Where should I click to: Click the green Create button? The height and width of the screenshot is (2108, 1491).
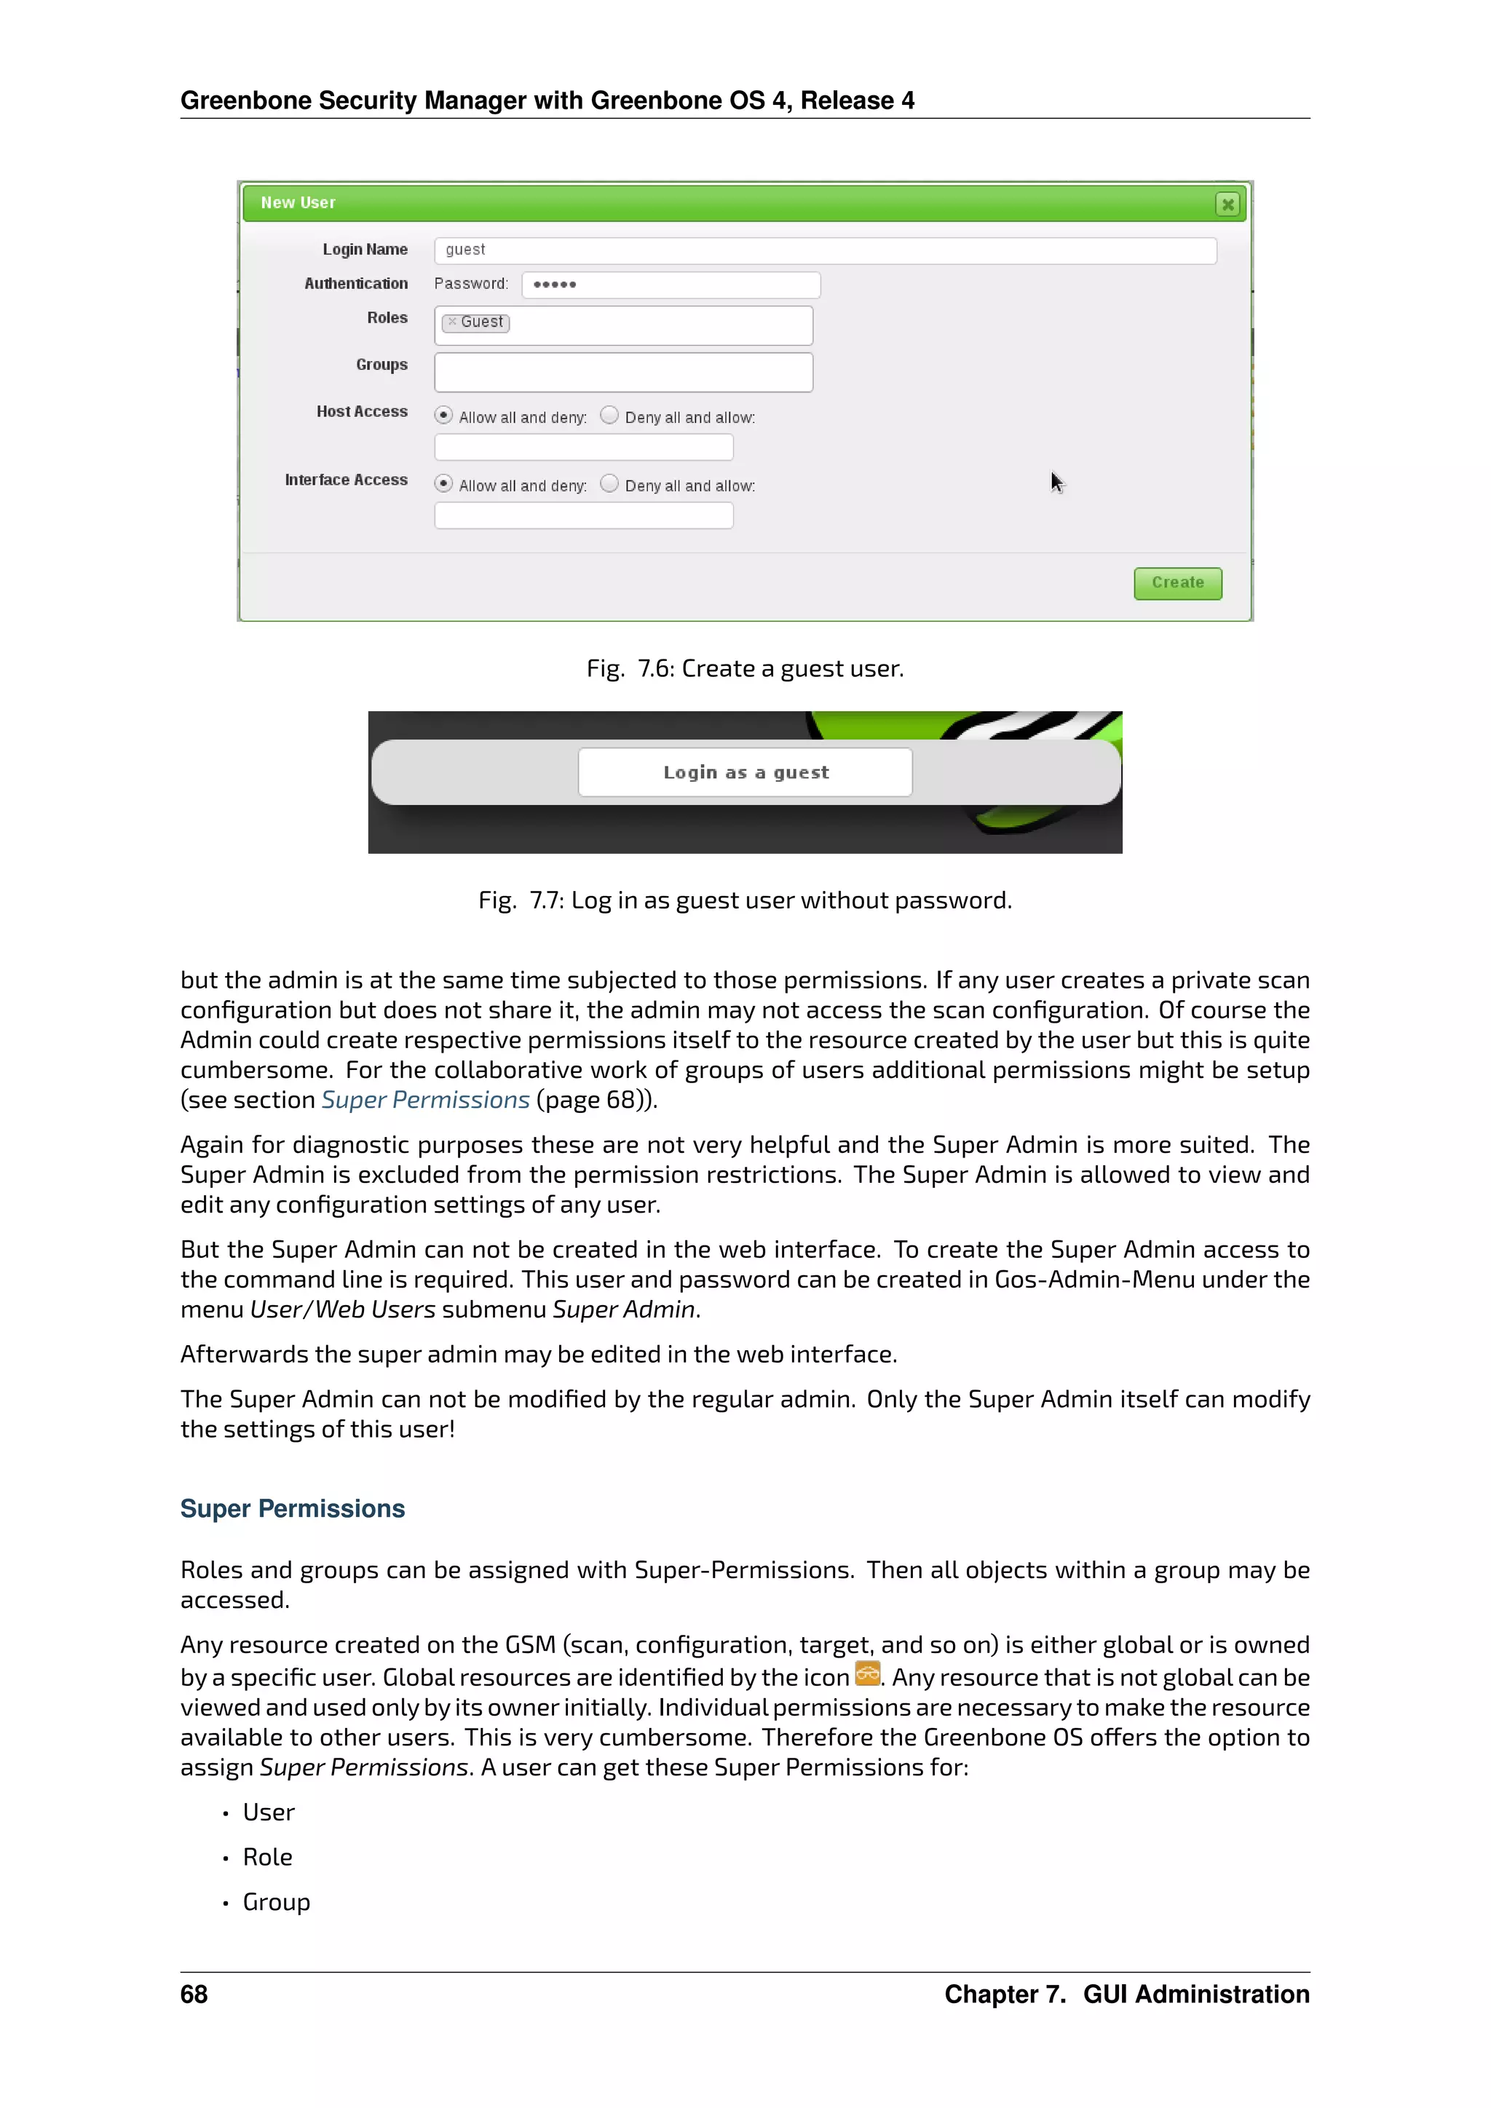[x=1177, y=583]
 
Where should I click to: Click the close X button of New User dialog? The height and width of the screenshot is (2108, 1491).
[x=1227, y=204]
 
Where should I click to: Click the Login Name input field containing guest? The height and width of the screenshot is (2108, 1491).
[x=824, y=250]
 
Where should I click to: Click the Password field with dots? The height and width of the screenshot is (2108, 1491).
[x=671, y=285]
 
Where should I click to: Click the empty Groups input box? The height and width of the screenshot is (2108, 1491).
[x=622, y=372]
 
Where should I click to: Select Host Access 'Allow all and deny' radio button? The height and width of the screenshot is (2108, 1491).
[x=443, y=415]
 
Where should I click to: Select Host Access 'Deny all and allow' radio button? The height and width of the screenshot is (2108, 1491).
[x=609, y=415]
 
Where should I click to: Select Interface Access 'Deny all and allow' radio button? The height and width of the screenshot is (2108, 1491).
[x=609, y=484]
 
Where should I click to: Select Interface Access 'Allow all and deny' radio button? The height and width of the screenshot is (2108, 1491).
[x=443, y=484]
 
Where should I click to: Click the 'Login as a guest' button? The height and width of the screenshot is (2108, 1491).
[x=745, y=772]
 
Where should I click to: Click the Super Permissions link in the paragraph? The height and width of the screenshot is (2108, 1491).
[x=425, y=1100]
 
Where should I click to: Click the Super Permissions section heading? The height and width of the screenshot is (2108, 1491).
[x=292, y=1508]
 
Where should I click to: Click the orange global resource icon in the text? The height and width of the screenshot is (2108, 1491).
[x=866, y=1673]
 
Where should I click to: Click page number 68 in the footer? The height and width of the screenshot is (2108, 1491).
[x=194, y=1994]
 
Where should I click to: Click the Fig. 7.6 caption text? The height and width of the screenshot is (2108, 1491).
[x=745, y=668]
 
